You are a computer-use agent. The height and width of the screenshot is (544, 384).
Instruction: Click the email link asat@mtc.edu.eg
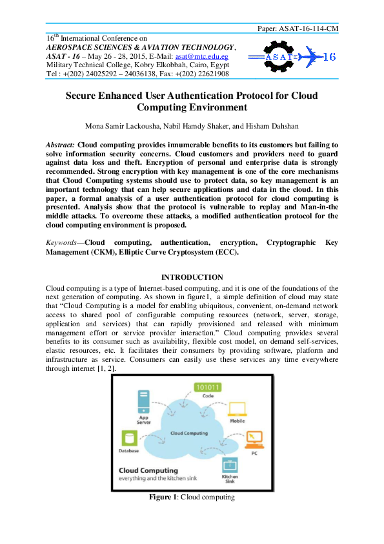pyautogui.click(x=211, y=57)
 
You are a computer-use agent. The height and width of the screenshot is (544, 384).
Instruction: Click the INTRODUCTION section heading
pyautogui.click(x=192, y=277)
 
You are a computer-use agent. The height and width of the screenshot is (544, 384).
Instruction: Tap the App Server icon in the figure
pyautogui.click(x=143, y=403)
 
